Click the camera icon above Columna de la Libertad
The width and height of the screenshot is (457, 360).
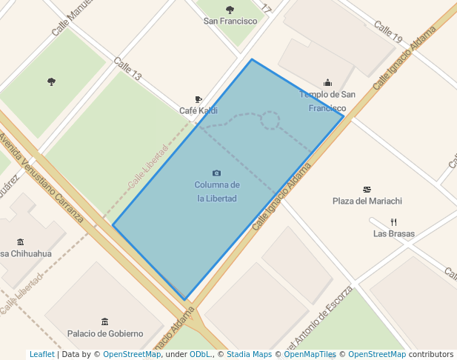point(216,173)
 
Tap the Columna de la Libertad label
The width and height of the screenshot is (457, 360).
point(217,192)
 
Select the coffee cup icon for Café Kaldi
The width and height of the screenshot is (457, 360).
point(199,99)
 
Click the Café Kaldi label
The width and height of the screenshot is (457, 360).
point(199,111)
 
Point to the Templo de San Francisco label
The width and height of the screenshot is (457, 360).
point(327,101)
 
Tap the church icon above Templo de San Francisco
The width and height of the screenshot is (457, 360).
point(327,83)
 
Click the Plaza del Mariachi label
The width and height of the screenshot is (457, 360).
point(367,201)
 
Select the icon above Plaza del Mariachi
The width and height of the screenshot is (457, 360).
point(367,190)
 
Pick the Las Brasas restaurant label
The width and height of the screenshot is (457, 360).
point(394,234)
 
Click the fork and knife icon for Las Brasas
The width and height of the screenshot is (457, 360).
point(394,221)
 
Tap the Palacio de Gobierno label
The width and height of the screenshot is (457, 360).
point(104,333)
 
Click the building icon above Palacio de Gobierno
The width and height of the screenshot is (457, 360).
point(104,321)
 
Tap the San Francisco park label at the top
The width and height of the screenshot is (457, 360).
point(230,21)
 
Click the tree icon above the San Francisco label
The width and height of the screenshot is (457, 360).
point(230,10)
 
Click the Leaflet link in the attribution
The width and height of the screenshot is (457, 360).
point(42,355)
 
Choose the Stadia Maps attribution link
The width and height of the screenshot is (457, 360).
point(249,355)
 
